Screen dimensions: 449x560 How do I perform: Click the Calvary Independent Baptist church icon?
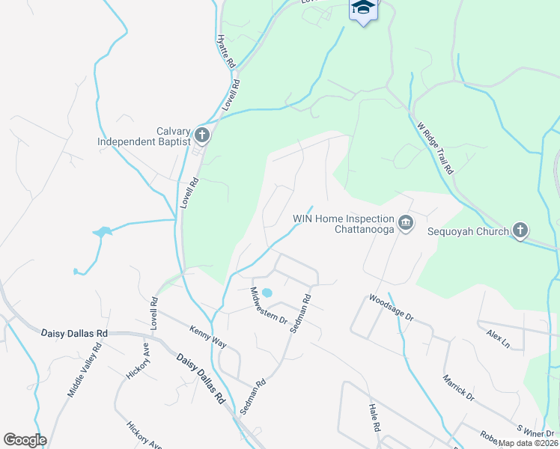(201, 135)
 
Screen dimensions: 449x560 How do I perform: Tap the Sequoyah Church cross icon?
(520, 231)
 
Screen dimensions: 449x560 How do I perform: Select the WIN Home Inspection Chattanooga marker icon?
(406, 223)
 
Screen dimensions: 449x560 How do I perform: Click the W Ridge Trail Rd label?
(436, 148)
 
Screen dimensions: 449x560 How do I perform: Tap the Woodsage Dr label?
(391, 308)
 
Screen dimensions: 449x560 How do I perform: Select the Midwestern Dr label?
(269, 305)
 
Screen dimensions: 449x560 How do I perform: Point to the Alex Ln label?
(498, 339)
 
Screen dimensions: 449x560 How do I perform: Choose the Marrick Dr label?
(458, 385)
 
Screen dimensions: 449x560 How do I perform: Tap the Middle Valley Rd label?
(84, 370)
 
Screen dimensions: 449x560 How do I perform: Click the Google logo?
(25, 440)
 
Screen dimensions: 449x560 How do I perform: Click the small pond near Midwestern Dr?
(269, 293)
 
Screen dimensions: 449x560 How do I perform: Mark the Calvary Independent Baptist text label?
(143, 135)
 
